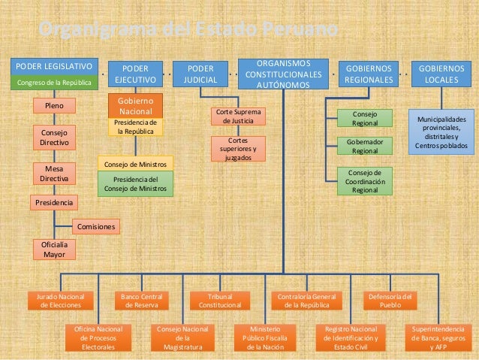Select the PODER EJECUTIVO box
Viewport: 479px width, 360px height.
pos(135,73)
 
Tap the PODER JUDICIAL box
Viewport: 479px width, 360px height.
pos(200,73)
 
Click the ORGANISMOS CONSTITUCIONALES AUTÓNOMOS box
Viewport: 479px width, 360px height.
pos(283,73)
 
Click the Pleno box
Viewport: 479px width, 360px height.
pos(54,107)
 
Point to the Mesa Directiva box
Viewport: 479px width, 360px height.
pos(54,174)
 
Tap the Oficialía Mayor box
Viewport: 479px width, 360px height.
pos(54,250)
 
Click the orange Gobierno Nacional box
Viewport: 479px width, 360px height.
pos(136,106)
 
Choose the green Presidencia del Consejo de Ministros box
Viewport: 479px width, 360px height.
pos(135,183)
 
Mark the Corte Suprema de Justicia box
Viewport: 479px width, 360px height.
pos(238,116)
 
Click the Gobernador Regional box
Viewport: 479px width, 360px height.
pos(365,146)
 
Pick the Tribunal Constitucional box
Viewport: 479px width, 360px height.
pos(220,301)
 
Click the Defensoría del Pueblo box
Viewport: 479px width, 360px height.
pos(390,301)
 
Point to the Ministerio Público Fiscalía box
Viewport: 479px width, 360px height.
pos(264,337)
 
